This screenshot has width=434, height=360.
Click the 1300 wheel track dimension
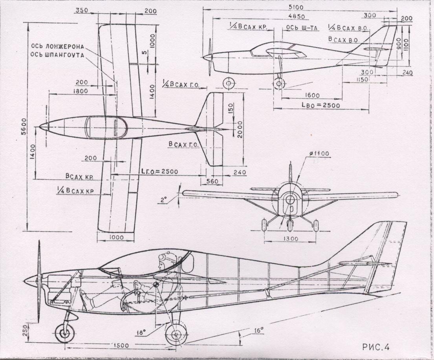(290, 238)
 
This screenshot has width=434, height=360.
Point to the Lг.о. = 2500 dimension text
(159, 171)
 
